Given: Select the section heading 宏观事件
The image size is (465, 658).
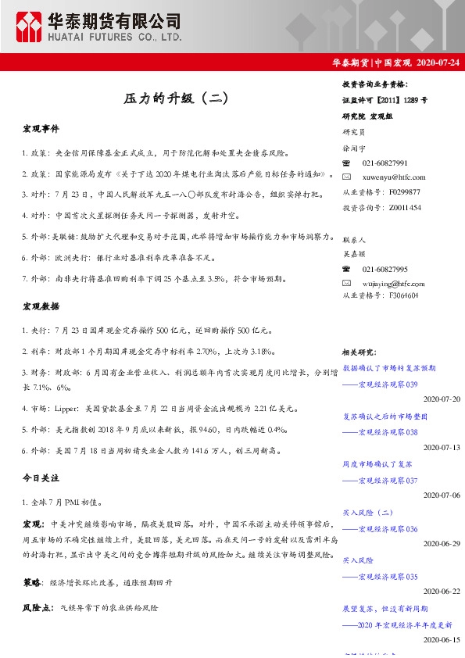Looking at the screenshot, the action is (41, 128).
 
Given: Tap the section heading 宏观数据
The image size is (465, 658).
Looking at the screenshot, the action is (41, 306).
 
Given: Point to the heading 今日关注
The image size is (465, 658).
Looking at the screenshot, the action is (41, 477).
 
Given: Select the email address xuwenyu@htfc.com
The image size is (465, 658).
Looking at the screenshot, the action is (394, 177).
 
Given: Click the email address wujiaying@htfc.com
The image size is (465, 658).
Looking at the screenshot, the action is (395, 282).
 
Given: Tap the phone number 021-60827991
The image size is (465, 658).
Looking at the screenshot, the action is (385, 163).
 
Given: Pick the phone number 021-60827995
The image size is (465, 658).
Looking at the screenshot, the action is (385, 268).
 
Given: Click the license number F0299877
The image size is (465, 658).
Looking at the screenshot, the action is (403, 191).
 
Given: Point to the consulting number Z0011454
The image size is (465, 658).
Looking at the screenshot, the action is (403, 207).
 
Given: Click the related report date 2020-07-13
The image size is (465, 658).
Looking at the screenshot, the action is (442, 447).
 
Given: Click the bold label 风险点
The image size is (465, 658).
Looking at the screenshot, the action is (36, 606).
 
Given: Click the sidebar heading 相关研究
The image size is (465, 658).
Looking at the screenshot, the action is (361, 352).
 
